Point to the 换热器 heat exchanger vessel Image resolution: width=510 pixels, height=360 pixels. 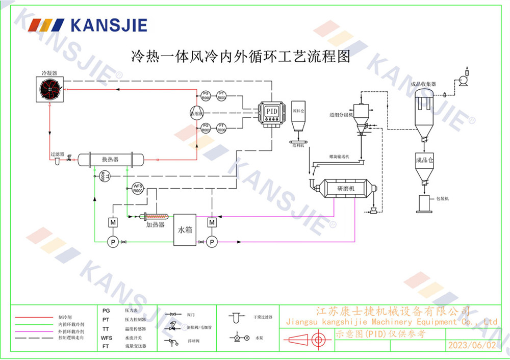(x=110, y=160)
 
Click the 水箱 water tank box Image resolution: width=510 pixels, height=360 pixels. (x=185, y=229)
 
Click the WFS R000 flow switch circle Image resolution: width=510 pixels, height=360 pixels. (x=138, y=188)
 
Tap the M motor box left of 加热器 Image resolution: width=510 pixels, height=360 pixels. (x=113, y=222)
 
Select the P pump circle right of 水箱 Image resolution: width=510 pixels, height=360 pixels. (x=212, y=242)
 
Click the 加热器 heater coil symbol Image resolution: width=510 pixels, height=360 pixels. (x=155, y=217)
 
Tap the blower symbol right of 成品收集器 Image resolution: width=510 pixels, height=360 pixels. (x=464, y=80)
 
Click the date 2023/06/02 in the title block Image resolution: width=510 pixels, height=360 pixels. (x=471, y=345)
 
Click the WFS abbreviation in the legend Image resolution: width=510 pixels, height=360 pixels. (x=106, y=338)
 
